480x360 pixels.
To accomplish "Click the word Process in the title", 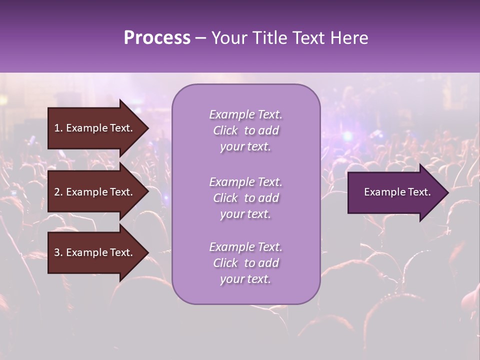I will tap(157, 38).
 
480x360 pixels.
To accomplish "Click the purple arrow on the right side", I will tap(395, 192).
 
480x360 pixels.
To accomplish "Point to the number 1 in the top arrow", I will tap(57, 128).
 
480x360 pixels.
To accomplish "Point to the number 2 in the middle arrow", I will tap(57, 192).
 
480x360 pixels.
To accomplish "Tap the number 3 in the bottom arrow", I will tap(57, 252).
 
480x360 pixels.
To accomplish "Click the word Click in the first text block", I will tap(225, 130).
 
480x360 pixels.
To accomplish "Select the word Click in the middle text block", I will tap(225, 198).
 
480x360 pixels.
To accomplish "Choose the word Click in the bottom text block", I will tap(225, 263).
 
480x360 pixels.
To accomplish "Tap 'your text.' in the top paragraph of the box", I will tap(245, 147).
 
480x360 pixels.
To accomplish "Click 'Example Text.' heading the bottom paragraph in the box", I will tap(245, 247).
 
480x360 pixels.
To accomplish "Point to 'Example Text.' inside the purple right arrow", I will tap(397, 192).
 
